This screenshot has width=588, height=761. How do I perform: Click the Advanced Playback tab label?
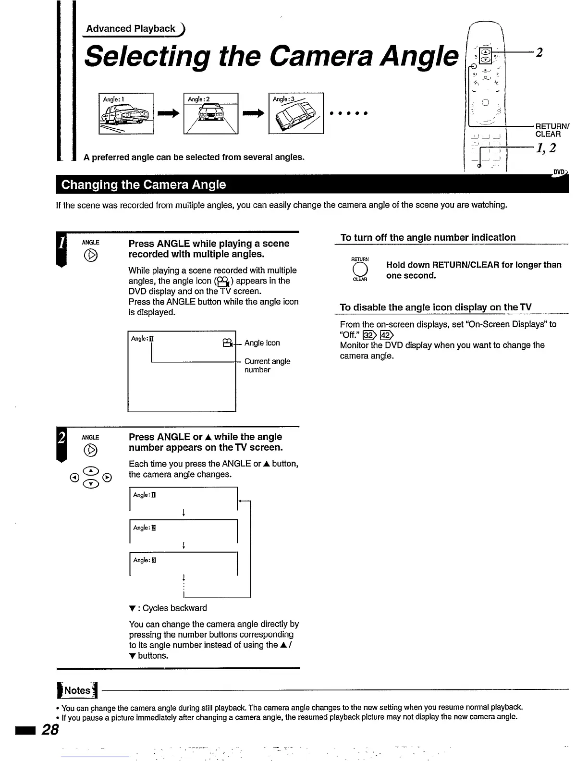click(x=131, y=29)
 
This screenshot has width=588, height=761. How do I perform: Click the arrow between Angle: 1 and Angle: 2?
click(x=169, y=114)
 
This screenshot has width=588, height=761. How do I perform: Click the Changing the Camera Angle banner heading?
click(x=144, y=185)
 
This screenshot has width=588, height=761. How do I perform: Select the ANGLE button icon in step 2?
click(x=91, y=450)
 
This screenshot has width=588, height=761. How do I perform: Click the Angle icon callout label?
click(x=262, y=343)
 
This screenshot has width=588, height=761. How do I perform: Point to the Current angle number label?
click(x=267, y=366)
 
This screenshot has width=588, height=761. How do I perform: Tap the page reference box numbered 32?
click(x=368, y=335)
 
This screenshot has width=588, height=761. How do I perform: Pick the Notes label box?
click(x=77, y=691)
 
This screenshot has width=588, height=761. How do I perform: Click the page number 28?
click(x=50, y=730)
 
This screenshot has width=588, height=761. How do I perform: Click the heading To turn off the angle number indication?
click(x=428, y=237)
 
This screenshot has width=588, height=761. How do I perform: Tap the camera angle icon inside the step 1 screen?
click(x=228, y=343)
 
